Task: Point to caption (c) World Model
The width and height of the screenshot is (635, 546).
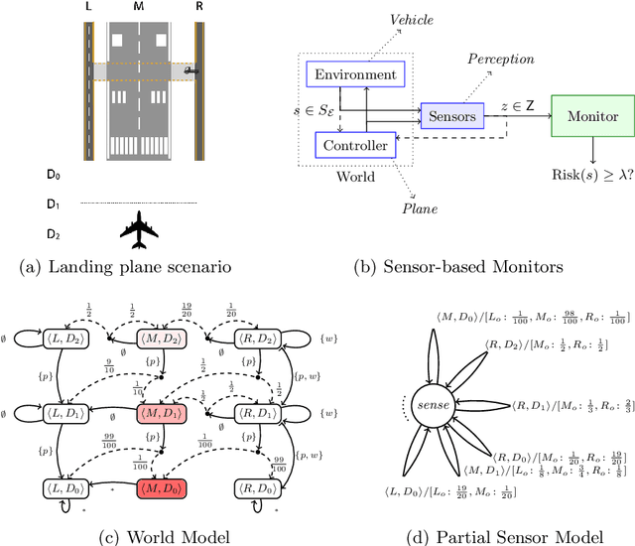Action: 159,536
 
